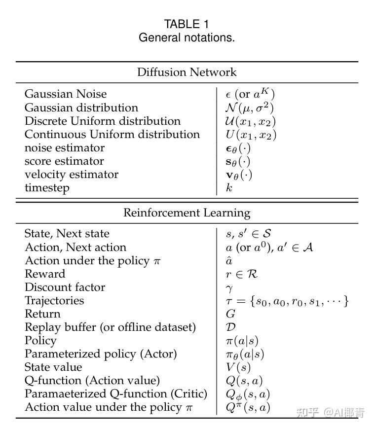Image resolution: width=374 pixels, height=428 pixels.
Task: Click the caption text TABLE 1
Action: click(187, 24)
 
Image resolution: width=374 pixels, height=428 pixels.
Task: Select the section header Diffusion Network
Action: click(187, 72)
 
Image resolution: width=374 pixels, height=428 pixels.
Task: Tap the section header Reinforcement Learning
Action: click(187, 213)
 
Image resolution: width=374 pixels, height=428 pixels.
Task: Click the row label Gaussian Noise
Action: click(66, 94)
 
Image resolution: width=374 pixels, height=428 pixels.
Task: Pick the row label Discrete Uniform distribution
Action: click(103, 121)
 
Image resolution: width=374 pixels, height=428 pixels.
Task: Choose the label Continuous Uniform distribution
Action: click(112, 134)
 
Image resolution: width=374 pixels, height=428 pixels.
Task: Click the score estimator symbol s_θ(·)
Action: click(238, 161)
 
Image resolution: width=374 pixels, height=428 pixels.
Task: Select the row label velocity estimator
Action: click(72, 175)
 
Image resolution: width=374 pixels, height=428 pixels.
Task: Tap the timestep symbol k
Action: click(229, 188)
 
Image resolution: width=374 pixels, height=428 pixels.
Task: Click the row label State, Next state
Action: click(67, 234)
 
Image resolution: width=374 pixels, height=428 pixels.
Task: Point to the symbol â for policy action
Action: click(229, 261)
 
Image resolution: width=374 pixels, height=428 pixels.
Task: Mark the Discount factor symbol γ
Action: click(229, 288)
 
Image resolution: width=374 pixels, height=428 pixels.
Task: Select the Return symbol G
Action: click(230, 314)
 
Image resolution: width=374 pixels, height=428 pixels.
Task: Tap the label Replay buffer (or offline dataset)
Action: click(110, 327)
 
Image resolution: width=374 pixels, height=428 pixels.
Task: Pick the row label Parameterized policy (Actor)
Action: click(101, 354)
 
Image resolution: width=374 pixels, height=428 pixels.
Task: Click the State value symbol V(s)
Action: click(238, 367)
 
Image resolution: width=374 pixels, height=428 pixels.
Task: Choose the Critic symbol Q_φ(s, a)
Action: click(248, 394)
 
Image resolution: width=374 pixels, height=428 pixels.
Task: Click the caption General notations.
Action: click(187, 37)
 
